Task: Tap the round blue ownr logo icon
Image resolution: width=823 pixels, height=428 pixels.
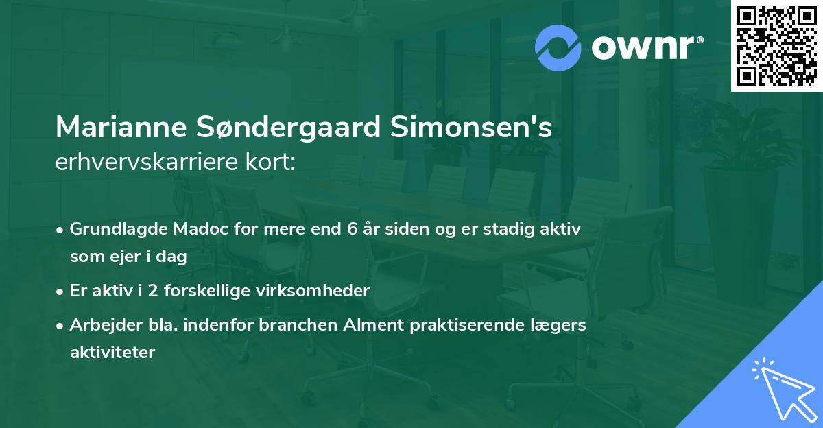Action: (x=558, y=48)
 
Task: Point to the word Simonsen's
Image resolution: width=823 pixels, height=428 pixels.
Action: (x=474, y=128)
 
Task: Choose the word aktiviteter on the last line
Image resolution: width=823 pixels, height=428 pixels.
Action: (x=112, y=352)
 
